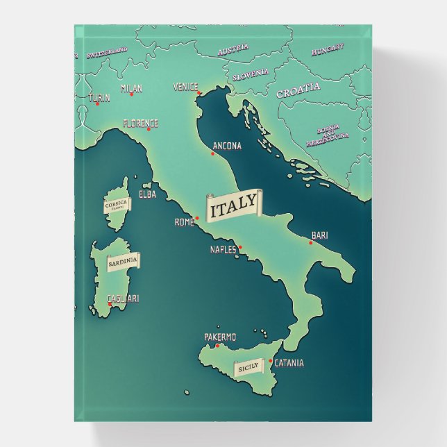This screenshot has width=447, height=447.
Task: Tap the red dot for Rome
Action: [x=197, y=218]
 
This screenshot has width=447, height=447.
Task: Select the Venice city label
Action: [x=185, y=87]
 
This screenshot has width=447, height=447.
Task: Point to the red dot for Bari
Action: [x=311, y=243]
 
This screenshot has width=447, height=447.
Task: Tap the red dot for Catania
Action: [x=271, y=360]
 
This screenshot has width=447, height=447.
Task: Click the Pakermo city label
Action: [x=220, y=337]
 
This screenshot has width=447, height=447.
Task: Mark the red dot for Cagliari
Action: [x=109, y=303]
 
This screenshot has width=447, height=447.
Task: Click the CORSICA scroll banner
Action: [x=115, y=205]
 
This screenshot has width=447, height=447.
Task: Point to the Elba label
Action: [x=147, y=194]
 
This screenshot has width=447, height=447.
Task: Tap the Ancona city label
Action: [x=227, y=146]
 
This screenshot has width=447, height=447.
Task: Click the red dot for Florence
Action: [x=148, y=129]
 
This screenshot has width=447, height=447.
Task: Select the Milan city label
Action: [x=131, y=88]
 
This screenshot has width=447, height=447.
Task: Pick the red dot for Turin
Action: [x=97, y=103]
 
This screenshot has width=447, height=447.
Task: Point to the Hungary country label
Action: [x=327, y=50]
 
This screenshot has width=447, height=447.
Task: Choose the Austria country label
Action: [x=233, y=51]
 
